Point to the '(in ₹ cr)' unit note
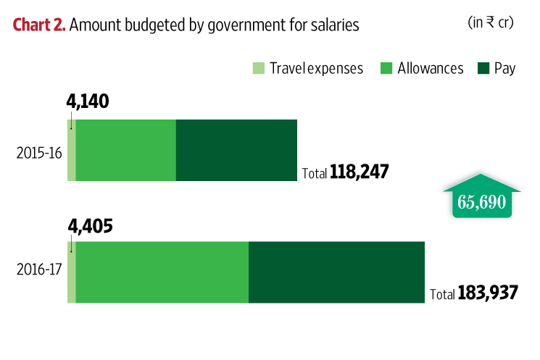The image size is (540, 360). point(491,22)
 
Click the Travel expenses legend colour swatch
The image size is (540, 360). point(259,68)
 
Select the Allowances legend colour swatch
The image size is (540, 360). point(386,68)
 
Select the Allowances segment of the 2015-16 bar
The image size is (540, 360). point(126,150)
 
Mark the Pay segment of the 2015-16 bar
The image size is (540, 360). point(236,150)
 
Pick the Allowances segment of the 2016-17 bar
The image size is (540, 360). point(162,272)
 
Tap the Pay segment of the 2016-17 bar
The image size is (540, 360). point(336,272)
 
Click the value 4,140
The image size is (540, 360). point(87,102)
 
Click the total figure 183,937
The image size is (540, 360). point(488,294)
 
